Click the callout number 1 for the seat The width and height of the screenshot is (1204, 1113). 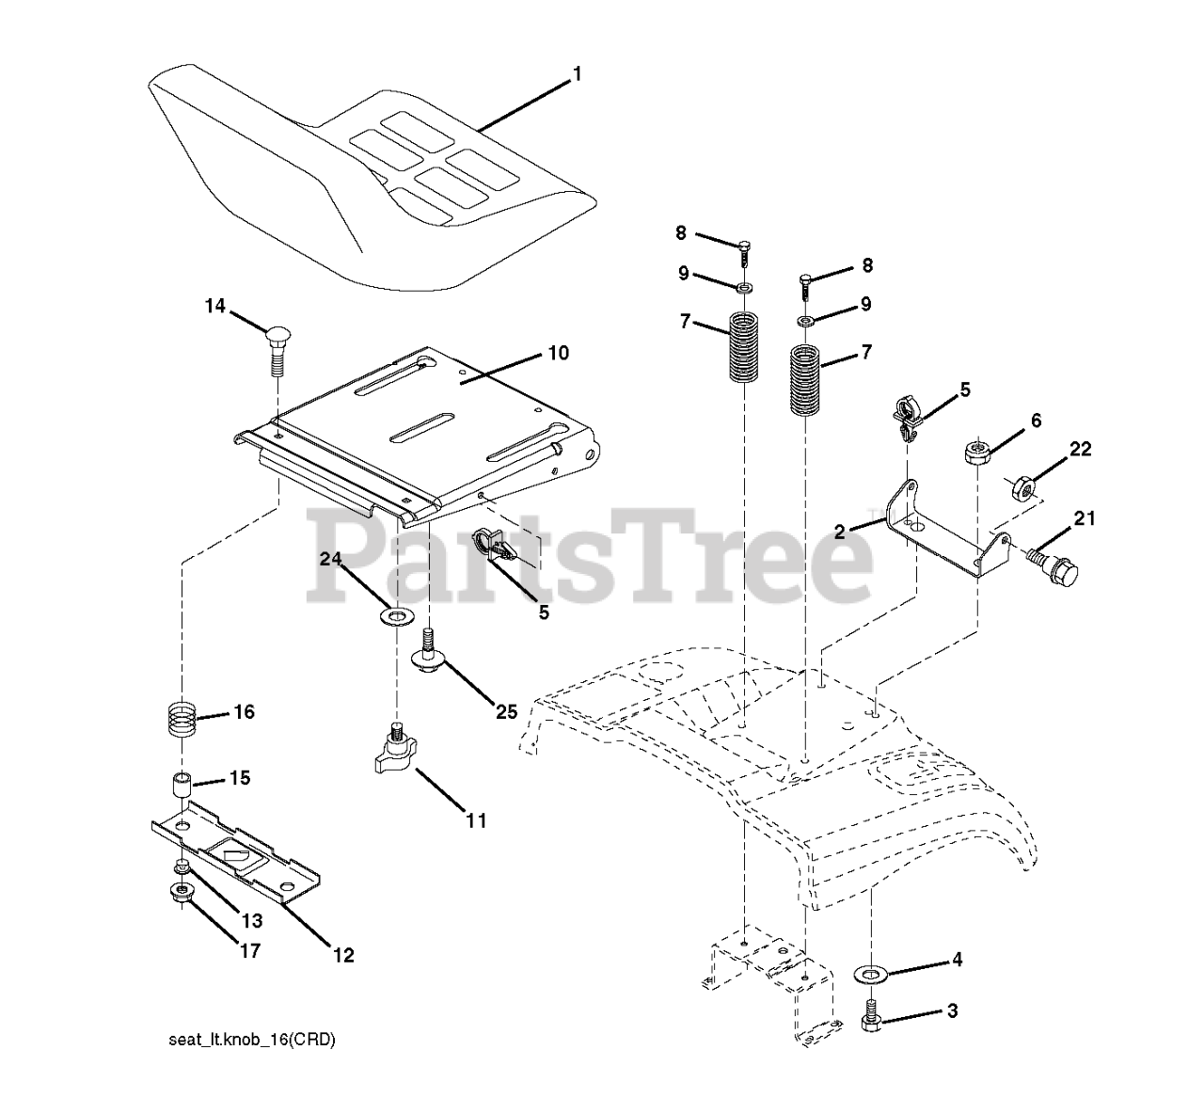point(577,74)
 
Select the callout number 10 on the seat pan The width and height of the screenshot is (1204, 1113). point(558,354)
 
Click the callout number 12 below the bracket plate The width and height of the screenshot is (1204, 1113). point(343,955)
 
